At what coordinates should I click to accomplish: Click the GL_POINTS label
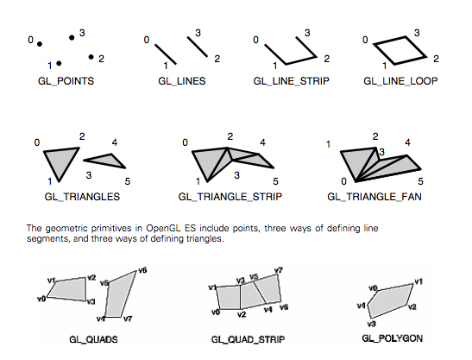pos(66,81)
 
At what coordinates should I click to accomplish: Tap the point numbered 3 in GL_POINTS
pos(72,38)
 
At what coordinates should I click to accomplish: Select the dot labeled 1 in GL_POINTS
pos(59,63)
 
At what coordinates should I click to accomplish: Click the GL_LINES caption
pos(182,81)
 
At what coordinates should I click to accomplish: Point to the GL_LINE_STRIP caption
pos(292,81)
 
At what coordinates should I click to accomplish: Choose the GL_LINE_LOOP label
pos(400,81)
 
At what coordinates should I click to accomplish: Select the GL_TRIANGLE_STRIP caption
pos(230,197)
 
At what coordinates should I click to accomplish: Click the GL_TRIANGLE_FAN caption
pos(374,197)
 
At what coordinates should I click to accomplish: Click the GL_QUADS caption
pos(93,339)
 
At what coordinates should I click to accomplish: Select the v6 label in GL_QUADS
pos(142,270)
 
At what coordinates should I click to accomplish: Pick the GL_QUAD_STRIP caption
pos(248,339)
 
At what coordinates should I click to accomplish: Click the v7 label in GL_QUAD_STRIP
pos(279,270)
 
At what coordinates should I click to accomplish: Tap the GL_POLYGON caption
pos(393,338)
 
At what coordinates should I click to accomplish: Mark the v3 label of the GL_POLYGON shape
pos(372,324)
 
